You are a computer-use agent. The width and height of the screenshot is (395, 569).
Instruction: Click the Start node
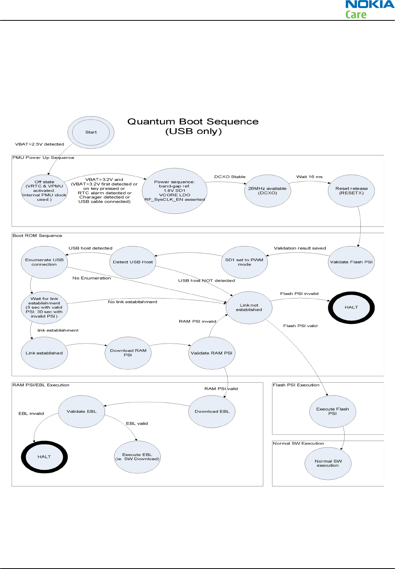coord(91,132)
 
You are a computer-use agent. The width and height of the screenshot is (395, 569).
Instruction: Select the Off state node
coord(44,190)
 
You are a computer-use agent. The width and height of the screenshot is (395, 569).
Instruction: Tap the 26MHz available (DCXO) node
coord(267,190)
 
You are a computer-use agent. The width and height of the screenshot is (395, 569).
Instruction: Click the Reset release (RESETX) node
coord(351,190)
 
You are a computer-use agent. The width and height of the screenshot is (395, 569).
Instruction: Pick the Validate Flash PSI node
coord(351,262)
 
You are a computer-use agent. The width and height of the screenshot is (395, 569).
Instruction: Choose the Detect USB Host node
coord(133,262)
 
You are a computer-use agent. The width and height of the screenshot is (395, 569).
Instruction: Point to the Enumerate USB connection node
coord(44,262)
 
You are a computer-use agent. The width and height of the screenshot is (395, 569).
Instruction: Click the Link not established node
coord(249,307)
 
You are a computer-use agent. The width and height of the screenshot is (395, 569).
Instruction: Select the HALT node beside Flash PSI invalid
coord(351,307)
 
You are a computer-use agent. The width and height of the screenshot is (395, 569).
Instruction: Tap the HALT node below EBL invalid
coord(44,457)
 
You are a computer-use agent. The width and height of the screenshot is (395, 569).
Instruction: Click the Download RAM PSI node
coord(128,353)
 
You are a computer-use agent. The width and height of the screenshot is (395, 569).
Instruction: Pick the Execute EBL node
coord(137,457)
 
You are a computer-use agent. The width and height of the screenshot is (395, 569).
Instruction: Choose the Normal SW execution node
coord(328,463)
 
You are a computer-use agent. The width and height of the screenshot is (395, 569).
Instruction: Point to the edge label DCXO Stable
coord(230,177)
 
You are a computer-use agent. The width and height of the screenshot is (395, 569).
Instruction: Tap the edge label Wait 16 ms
coord(309,177)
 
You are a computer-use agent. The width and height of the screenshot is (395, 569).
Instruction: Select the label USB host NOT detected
coord(207,281)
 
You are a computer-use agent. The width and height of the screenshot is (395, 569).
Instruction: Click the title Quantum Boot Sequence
coord(193,122)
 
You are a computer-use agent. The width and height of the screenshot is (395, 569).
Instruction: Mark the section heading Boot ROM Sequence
coord(37,236)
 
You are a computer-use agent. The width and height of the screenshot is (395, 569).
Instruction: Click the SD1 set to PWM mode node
coord(244,262)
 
